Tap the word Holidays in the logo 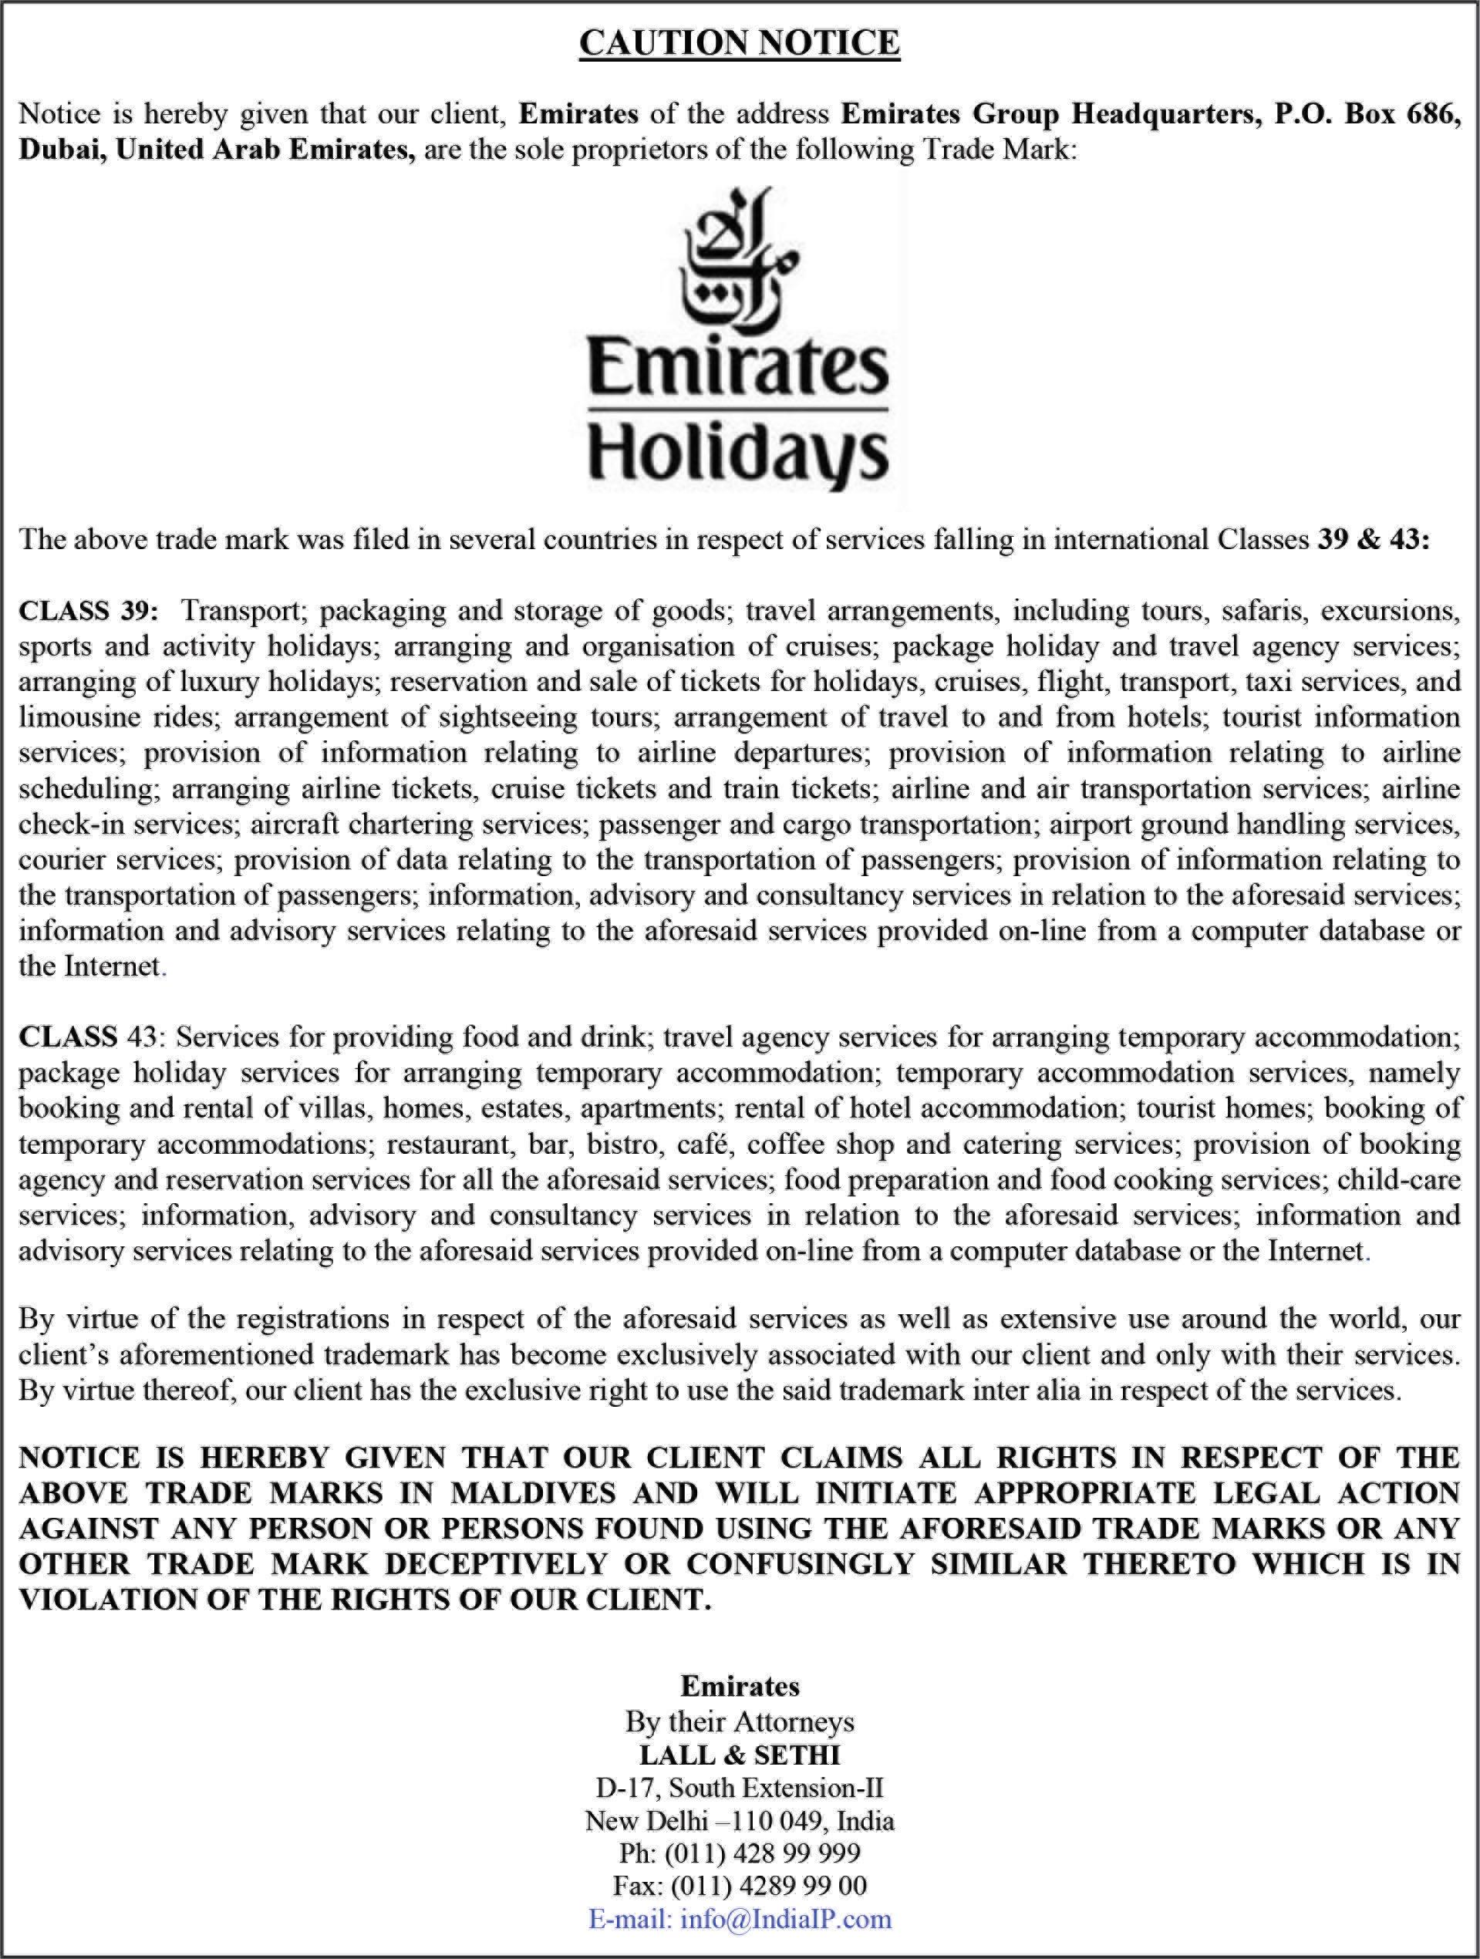click(738, 454)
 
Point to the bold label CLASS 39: click(89, 611)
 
